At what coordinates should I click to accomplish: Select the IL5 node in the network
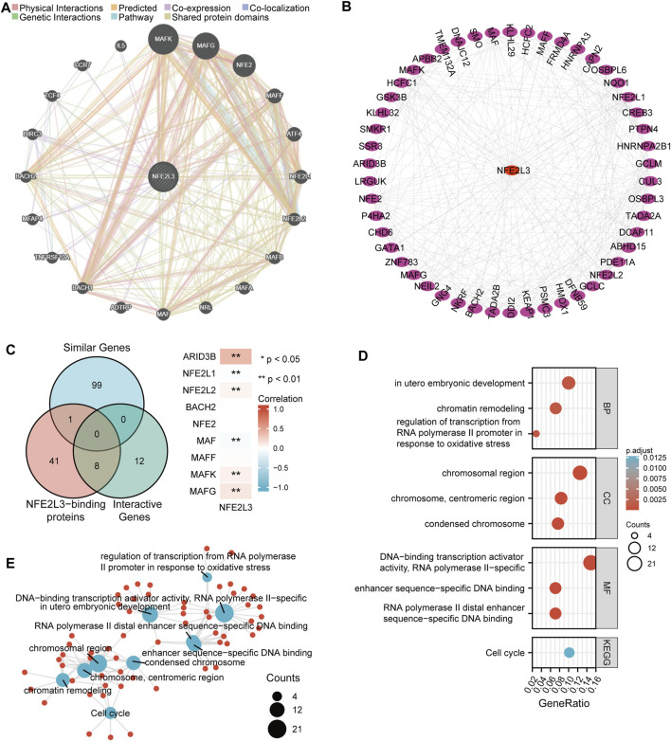pos(120,45)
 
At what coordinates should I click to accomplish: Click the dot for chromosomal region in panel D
pos(579,473)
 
